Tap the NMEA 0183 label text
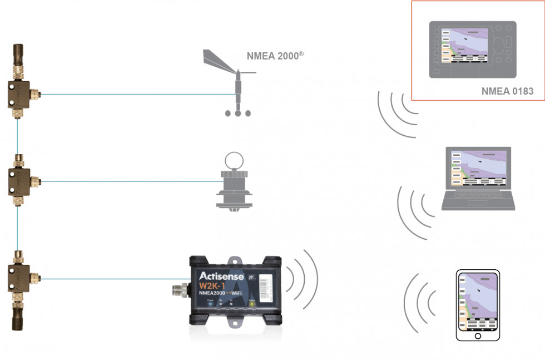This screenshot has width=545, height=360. click(507, 91)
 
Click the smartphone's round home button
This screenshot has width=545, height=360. click(477, 336)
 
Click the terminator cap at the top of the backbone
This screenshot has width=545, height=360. click(17, 53)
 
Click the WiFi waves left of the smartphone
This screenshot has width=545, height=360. click(420, 303)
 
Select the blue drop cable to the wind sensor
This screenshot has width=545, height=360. click(128, 94)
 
